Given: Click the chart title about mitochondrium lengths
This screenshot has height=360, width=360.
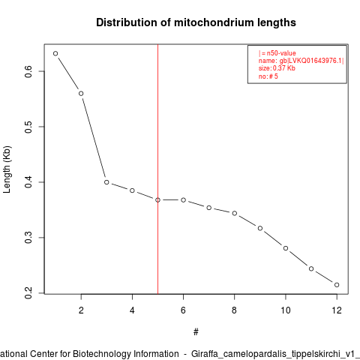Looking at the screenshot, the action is click(x=196, y=22).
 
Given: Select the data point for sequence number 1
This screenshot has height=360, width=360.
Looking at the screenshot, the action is click(x=55, y=53).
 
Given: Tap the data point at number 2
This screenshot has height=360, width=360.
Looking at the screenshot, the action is click(x=81, y=94).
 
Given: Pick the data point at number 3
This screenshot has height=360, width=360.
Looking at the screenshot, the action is click(x=106, y=182).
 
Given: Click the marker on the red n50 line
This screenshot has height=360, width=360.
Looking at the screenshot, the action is click(x=157, y=200).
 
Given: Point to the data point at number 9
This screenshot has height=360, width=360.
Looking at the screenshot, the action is click(x=260, y=228).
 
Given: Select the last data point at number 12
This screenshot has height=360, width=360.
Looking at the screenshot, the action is click(x=337, y=285).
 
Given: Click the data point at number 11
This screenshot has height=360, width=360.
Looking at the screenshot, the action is click(x=311, y=268).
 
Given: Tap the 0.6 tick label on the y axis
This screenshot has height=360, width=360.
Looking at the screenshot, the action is click(x=28, y=71).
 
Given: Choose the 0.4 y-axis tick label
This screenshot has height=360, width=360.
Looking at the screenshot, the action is click(x=28, y=182).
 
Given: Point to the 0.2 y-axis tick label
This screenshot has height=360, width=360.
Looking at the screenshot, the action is click(x=28, y=292).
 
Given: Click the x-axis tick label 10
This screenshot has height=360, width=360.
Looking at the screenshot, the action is click(x=286, y=310).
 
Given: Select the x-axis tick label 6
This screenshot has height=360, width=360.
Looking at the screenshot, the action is click(x=183, y=310).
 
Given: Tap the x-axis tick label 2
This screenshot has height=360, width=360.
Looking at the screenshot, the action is click(x=81, y=310).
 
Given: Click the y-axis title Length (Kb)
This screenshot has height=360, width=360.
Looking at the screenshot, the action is click(x=7, y=169).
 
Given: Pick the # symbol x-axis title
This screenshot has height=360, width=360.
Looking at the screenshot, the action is click(x=196, y=332).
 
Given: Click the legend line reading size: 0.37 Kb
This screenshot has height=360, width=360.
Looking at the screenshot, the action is click(x=277, y=68).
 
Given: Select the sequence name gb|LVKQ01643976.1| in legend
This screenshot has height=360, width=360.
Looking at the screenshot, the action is click(x=311, y=61).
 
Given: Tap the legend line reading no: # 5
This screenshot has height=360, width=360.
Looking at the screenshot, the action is click(x=268, y=76).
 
